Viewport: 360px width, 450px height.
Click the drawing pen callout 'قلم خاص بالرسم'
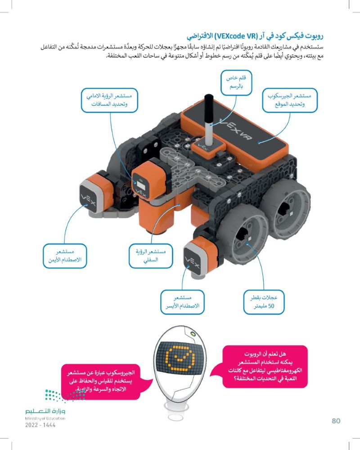pos(236,82)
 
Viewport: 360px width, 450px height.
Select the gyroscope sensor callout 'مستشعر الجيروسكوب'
pos(290,100)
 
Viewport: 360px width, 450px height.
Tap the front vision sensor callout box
pos(109,100)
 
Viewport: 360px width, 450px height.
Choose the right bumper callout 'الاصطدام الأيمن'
pos(65,256)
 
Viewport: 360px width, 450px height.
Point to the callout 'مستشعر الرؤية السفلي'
pos(151,256)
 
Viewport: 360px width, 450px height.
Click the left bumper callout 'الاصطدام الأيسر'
pos(182,302)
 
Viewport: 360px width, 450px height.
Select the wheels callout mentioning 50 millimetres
pos(264,302)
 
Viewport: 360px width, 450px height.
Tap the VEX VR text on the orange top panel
pos(235,130)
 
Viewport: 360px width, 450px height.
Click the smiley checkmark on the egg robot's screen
pos(180,358)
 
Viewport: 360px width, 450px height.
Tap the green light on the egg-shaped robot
pos(192,334)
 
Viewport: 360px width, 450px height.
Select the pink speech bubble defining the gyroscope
pos(104,382)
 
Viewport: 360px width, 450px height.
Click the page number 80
pos(336,421)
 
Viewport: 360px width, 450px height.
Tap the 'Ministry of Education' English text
pos(45,418)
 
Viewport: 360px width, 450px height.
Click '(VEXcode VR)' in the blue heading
pos(237,36)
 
